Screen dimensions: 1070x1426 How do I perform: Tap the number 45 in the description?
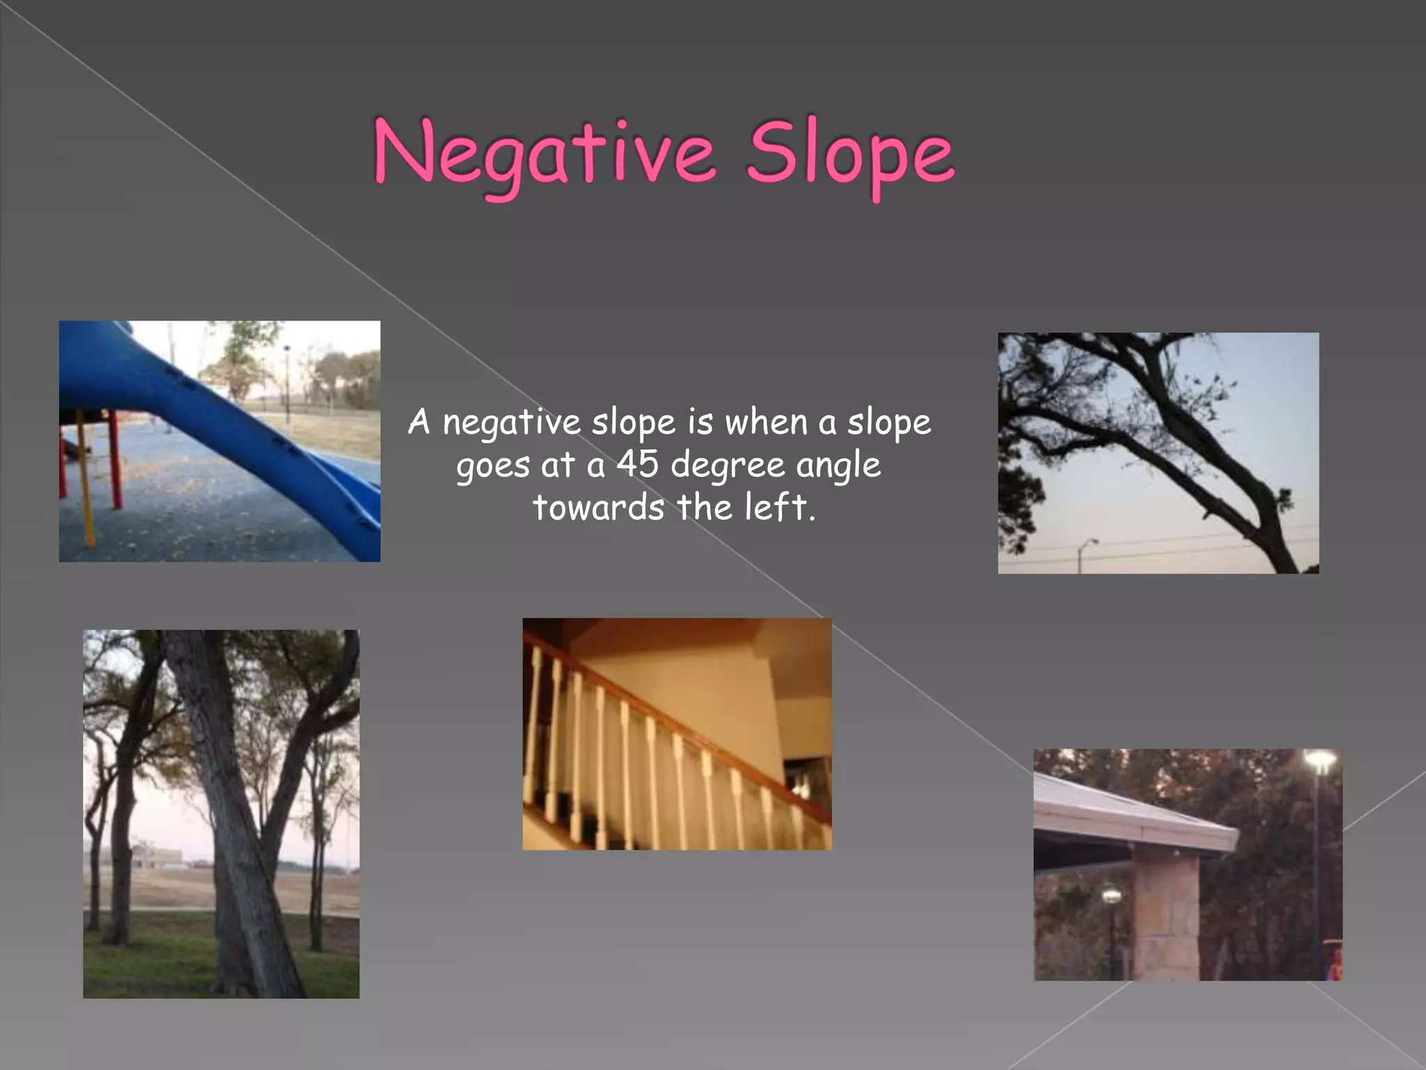pyautogui.click(x=637, y=464)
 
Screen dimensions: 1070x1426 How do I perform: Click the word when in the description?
pyautogui.click(x=766, y=422)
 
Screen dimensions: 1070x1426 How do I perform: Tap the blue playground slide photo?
pyautogui.click(x=219, y=441)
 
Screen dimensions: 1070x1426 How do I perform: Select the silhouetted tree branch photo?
pyautogui.click(x=1158, y=453)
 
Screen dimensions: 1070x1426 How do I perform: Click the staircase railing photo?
pyautogui.click(x=677, y=734)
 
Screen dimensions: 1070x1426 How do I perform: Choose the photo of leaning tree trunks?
pyautogui.click(x=221, y=814)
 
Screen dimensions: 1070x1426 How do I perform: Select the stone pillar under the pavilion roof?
pyautogui.click(x=1166, y=913)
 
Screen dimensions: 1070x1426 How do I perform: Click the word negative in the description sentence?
pyautogui.click(x=511, y=422)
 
